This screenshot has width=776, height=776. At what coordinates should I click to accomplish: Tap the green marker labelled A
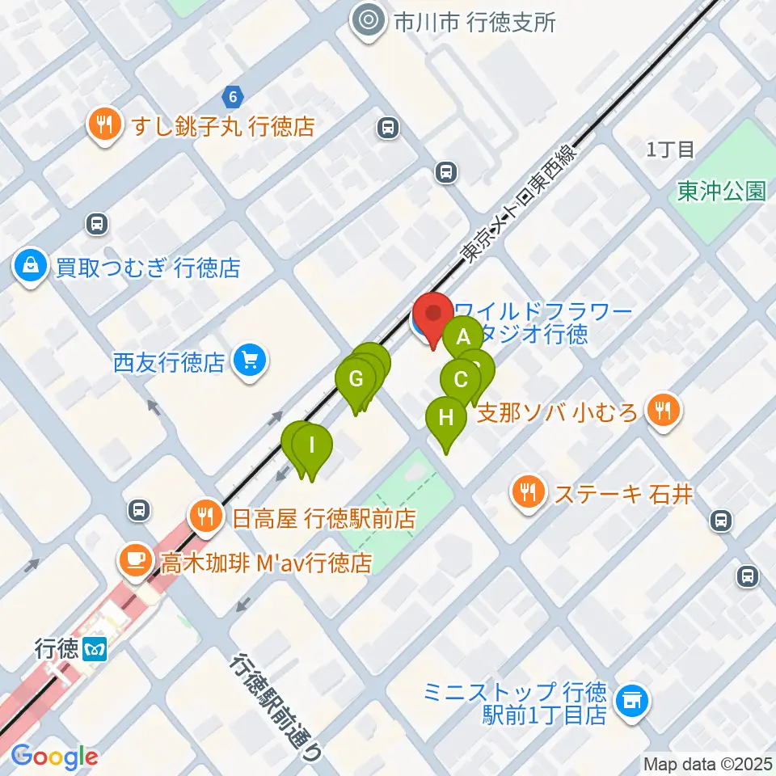[x=463, y=336]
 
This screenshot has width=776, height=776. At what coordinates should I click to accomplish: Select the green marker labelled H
[x=446, y=418]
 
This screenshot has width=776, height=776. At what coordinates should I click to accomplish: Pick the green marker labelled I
[x=311, y=445]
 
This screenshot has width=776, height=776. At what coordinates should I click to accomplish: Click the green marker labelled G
[x=355, y=378]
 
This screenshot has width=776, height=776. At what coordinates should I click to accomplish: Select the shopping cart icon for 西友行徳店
[x=249, y=360]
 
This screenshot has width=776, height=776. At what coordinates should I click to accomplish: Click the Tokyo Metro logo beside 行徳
[x=91, y=649]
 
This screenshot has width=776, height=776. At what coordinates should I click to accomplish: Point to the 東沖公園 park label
[x=721, y=191]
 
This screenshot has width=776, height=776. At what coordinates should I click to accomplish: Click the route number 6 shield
[x=234, y=97]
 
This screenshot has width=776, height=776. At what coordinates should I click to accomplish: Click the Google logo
[x=55, y=757]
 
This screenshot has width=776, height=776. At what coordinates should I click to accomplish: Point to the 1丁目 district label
[x=670, y=149]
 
